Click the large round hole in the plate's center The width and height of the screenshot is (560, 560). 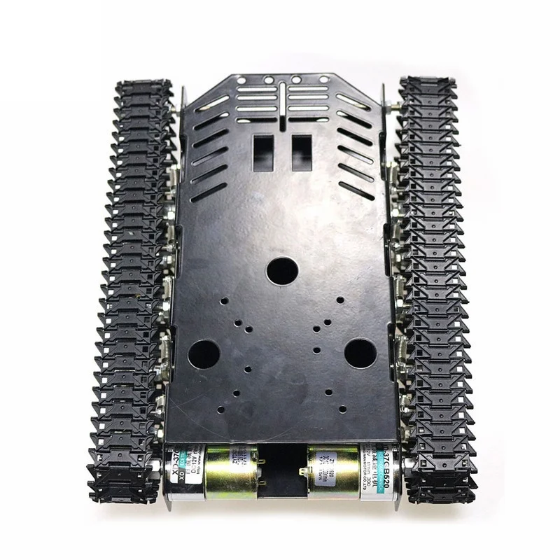pyautogui.click(x=282, y=270)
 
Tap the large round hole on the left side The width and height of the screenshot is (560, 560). pyautogui.click(x=204, y=354)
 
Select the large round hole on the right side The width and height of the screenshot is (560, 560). pyautogui.click(x=360, y=353)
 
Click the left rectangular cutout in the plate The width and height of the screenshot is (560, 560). pyautogui.click(x=263, y=153)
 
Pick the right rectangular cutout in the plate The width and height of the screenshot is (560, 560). pyautogui.click(x=302, y=153)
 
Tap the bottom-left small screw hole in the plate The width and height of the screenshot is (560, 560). pyautogui.click(x=236, y=393)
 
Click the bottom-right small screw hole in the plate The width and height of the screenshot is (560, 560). pyautogui.click(x=342, y=408)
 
